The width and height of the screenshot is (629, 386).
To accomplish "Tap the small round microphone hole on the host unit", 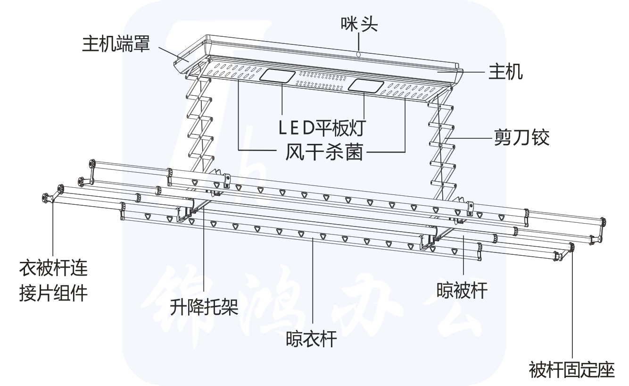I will (x=358, y=55).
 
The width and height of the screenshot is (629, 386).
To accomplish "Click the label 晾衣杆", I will (x=311, y=338).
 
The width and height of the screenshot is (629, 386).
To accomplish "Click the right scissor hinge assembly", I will (x=441, y=142).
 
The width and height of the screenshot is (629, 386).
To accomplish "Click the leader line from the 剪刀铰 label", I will (x=472, y=138).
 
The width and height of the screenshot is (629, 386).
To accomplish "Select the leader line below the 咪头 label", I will (x=358, y=40).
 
